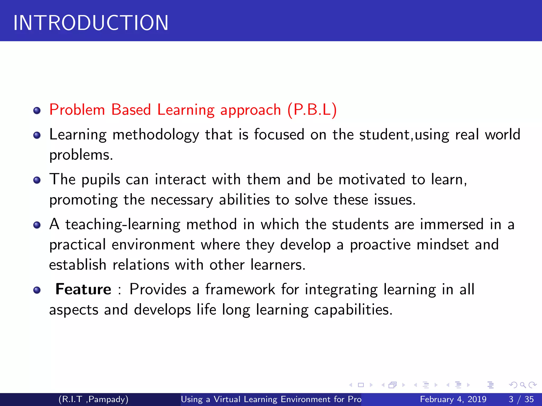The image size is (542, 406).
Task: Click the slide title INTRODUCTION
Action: coord(91,23)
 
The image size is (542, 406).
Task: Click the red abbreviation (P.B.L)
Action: coord(312,110)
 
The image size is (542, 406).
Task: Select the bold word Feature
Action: coord(83,289)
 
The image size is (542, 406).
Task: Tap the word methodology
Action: coord(156,135)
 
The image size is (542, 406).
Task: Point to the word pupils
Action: coord(101,180)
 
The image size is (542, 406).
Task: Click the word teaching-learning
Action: coord(123,225)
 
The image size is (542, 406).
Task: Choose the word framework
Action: coord(240,289)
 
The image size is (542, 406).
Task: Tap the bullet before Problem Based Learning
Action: coord(37,110)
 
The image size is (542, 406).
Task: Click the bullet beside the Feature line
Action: coord(37,290)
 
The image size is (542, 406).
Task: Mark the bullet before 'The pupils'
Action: coord(37,180)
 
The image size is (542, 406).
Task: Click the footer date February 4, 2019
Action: coord(453,399)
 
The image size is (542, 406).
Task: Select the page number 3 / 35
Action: coord(521,399)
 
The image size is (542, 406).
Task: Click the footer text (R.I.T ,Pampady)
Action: coord(93,399)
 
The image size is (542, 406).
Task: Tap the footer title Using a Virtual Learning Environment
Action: coord(271,399)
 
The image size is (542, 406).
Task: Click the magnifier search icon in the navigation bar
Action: coord(523,385)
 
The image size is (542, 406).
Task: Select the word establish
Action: coord(78,265)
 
